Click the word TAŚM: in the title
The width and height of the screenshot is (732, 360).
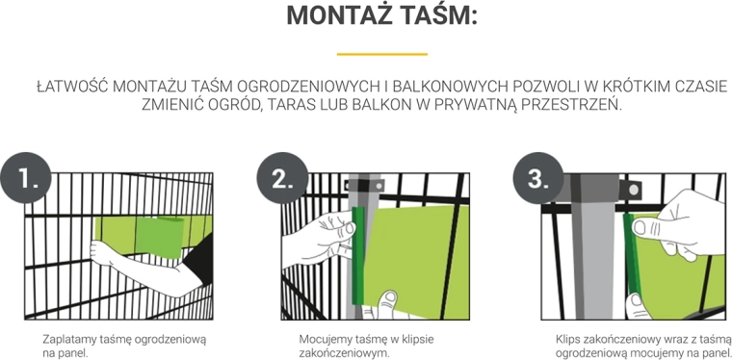(441, 15)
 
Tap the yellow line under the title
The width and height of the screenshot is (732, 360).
(381, 54)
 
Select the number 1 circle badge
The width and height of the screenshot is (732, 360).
(26, 178)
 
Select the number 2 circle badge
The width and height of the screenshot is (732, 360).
(282, 178)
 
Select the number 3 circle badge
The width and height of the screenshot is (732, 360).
(538, 178)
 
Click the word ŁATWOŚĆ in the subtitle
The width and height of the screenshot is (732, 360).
(72, 87)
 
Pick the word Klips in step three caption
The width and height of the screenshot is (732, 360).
(566, 339)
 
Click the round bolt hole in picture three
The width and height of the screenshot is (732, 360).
(634, 190)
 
